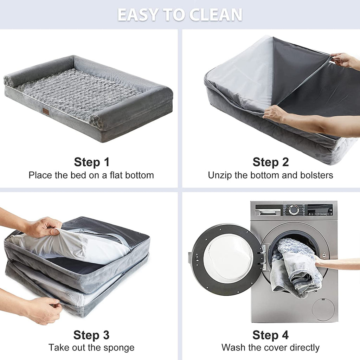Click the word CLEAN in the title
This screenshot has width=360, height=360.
coord(216,15)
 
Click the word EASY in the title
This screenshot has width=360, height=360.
coord(137,15)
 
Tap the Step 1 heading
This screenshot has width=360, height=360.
coord(92,162)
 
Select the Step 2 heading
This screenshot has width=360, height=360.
coord(270,162)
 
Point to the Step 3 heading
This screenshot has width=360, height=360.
coord(91,335)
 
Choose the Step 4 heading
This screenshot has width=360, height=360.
coord(270,335)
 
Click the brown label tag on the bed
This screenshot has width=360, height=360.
coord(46,111)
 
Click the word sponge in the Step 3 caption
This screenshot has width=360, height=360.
coord(119,348)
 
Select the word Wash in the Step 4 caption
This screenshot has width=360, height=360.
coord(232,347)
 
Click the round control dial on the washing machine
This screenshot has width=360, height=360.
coord(294,210)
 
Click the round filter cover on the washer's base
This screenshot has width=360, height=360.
coord(323,309)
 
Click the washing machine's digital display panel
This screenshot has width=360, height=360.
coord(320,210)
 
